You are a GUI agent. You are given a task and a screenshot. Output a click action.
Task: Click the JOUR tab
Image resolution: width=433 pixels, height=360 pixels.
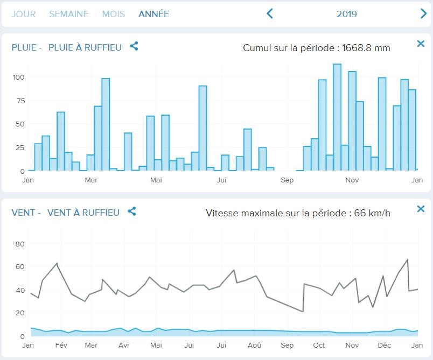(23, 14)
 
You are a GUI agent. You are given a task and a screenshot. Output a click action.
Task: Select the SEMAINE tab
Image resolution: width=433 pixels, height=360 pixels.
(68, 14)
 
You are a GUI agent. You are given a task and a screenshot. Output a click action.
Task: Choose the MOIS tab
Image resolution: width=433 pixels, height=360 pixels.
(113, 14)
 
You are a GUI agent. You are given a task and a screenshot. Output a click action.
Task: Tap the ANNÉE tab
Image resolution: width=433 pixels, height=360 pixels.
(153, 14)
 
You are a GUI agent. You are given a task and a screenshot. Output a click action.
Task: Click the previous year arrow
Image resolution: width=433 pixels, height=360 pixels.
(270, 14)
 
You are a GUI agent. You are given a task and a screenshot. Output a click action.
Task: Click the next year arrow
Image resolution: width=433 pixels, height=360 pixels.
(423, 14)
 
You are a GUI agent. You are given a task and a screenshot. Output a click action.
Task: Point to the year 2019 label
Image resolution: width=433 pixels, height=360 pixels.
(347, 14)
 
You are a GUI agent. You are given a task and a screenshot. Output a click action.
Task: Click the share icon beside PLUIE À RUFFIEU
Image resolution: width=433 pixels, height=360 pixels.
(134, 46)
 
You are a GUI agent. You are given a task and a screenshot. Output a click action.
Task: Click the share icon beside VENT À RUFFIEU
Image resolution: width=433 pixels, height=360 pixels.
(132, 211)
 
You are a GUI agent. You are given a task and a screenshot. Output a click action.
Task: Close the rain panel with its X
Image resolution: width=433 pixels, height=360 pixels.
(421, 44)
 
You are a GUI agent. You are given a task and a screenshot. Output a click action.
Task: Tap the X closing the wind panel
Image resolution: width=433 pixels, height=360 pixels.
(421, 209)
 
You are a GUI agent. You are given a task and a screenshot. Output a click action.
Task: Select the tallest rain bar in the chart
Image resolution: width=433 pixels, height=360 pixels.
(337, 117)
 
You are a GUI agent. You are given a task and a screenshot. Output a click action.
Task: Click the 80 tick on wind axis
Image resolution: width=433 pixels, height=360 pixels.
(20, 244)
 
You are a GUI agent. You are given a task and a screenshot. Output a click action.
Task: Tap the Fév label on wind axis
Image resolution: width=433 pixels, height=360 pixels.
(61, 345)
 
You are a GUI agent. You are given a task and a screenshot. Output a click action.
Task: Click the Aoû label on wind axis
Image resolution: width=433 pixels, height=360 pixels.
(255, 345)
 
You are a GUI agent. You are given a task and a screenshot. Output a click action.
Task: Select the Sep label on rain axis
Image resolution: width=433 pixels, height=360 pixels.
(287, 180)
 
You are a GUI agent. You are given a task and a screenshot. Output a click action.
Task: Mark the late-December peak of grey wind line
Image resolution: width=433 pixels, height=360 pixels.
(408, 259)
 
